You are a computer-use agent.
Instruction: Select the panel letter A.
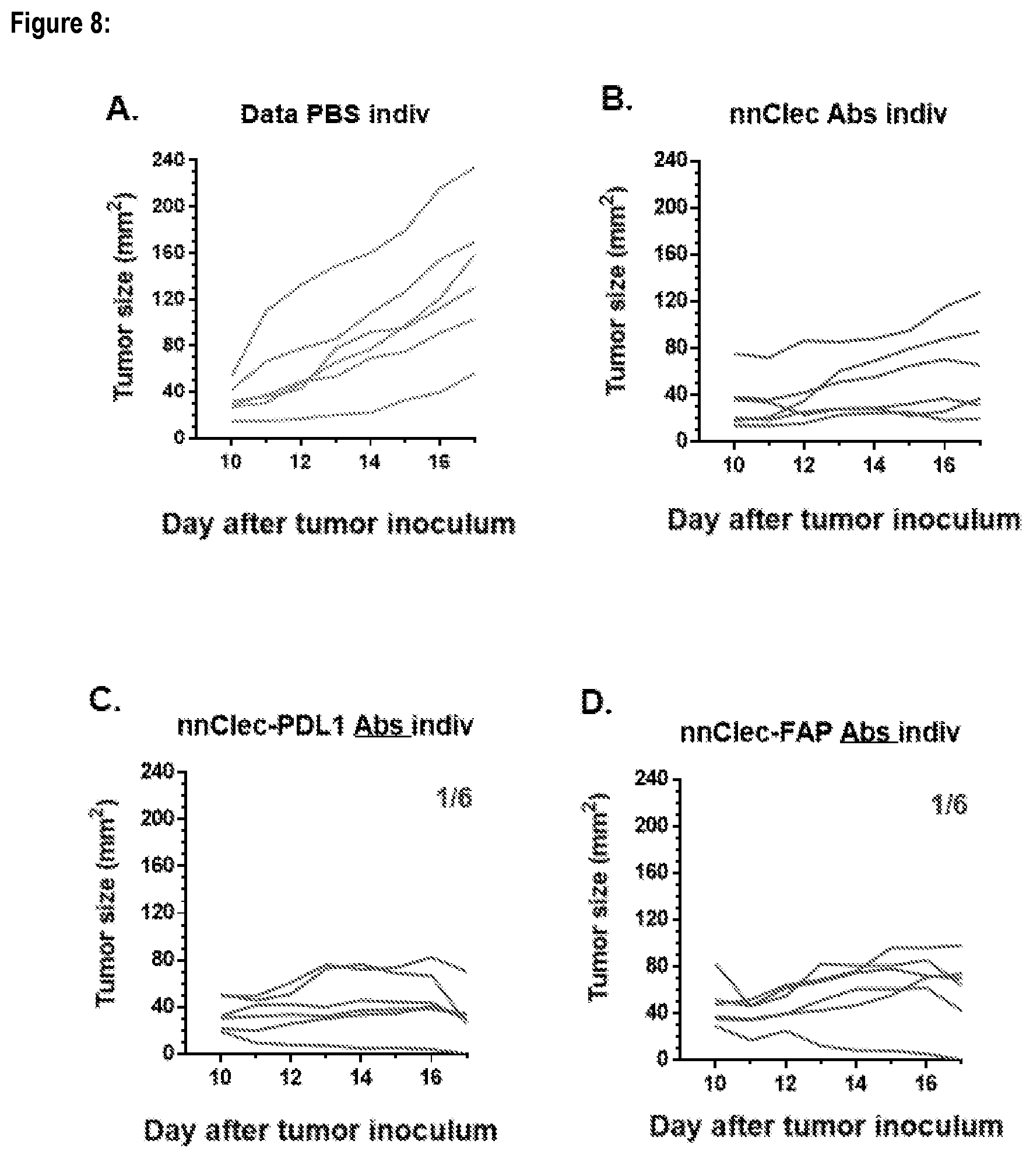coord(122,109)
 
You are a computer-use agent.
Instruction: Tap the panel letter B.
coord(617,100)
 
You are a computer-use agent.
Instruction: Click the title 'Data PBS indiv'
coord(335,114)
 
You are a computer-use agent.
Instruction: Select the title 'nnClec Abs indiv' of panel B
coord(838,114)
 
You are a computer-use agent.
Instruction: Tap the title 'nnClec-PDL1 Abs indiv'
coord(325,726)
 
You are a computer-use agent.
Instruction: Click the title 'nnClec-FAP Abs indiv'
coord(820,733)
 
